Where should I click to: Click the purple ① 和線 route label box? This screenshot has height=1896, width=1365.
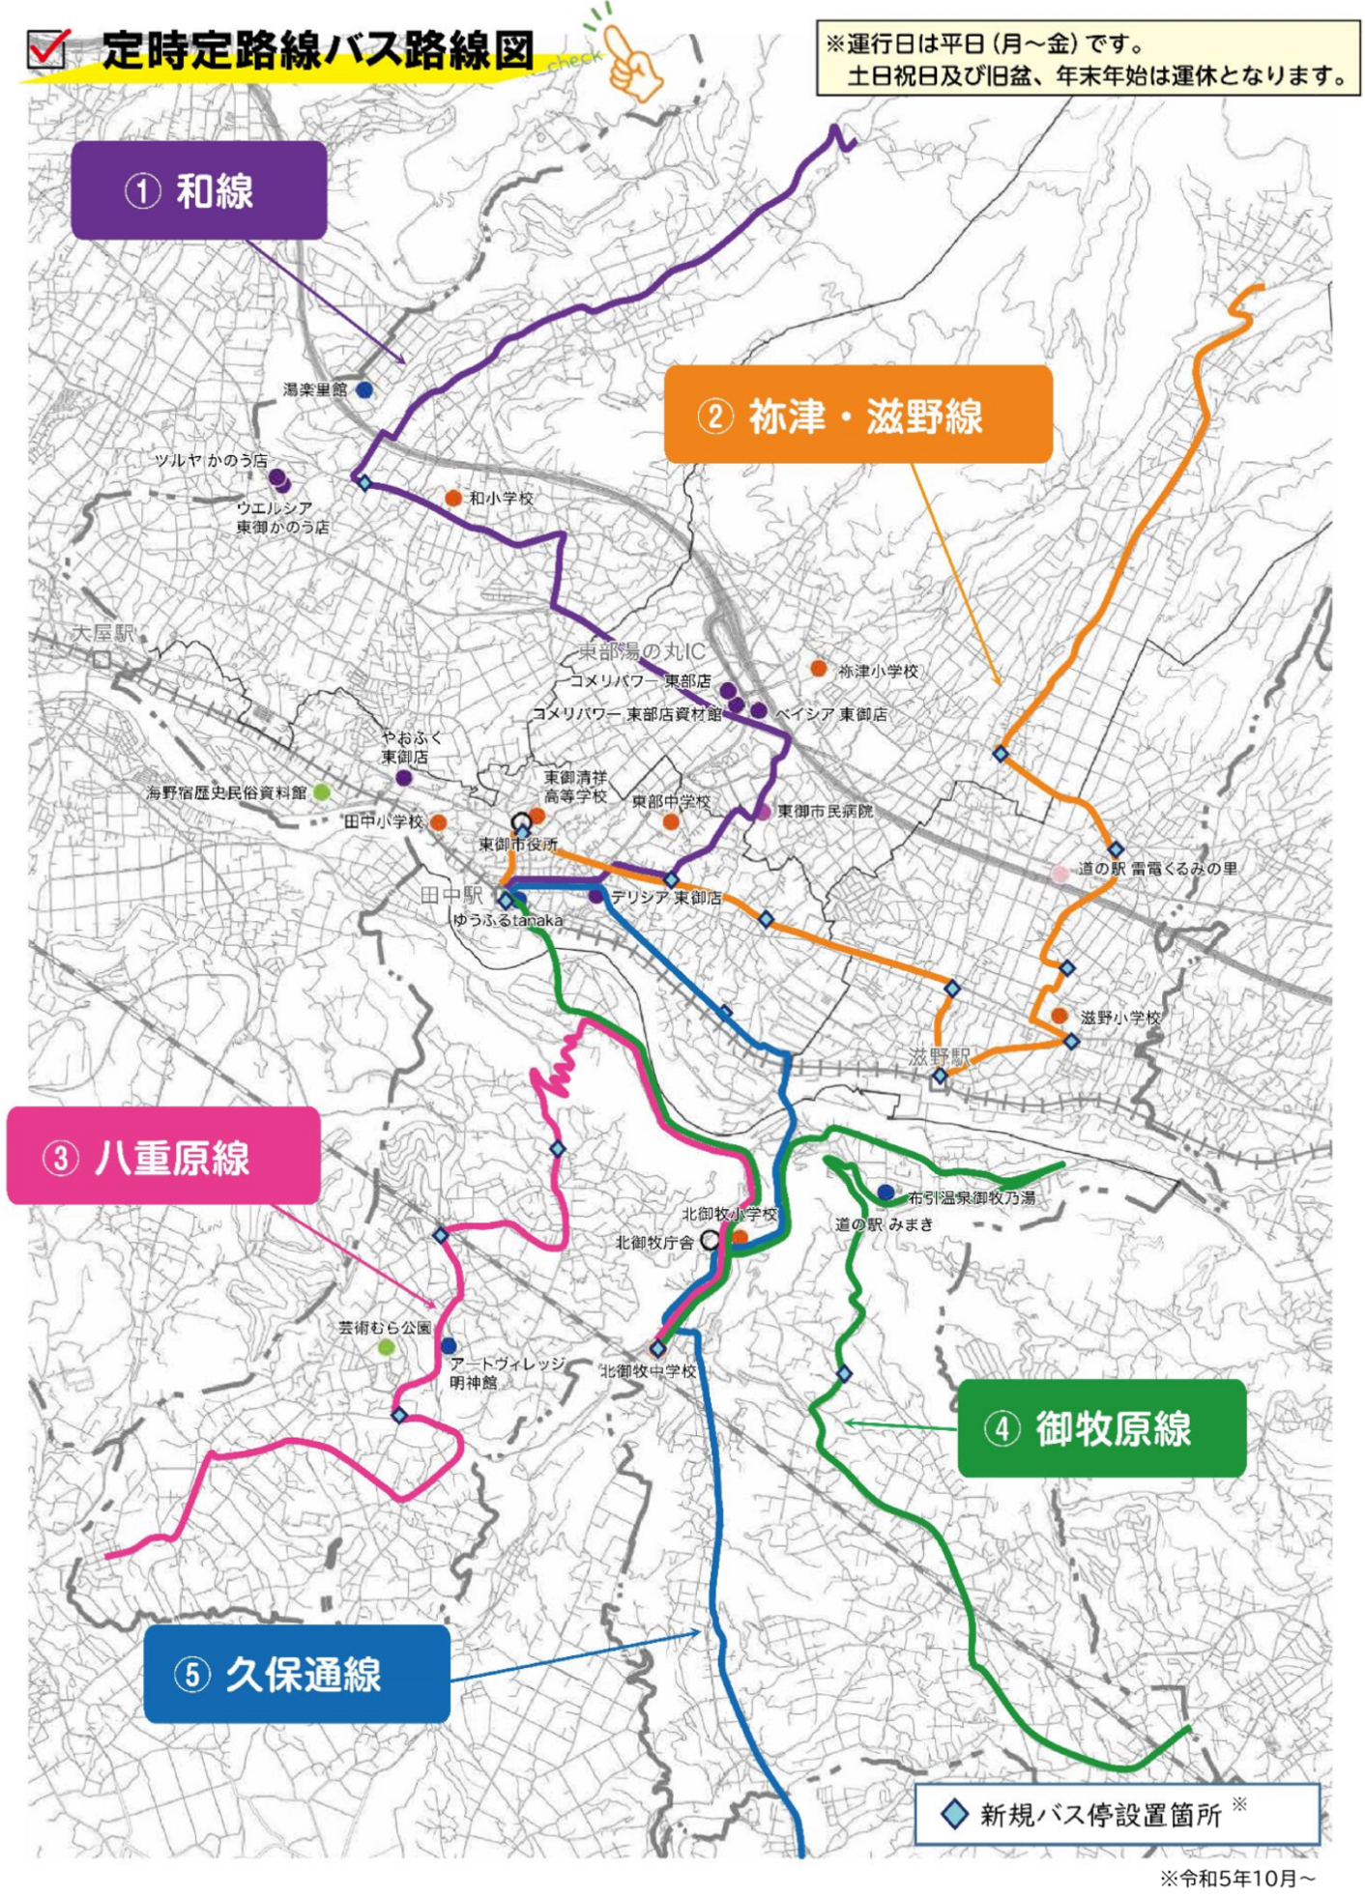point(198,190)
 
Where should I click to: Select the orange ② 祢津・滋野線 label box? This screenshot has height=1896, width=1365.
point(857,416)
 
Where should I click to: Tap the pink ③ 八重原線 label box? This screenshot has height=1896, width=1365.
point(163,1157)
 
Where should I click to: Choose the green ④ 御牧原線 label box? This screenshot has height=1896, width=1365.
point(1101,1428)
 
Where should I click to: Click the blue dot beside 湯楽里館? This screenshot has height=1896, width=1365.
point(364,390)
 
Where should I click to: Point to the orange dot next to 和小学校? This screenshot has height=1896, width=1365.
point(452,498)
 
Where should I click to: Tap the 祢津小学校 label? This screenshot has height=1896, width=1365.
point(878,671)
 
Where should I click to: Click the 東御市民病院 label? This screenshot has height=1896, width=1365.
point(825,811)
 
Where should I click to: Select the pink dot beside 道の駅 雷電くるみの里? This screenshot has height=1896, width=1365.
point(1060,874)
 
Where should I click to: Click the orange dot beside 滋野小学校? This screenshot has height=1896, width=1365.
point(1060,1016)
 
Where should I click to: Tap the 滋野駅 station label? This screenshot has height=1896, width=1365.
point(938,1056)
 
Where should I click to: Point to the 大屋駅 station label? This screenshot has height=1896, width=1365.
point(103,634)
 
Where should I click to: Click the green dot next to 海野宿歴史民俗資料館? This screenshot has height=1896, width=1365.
point(322,792)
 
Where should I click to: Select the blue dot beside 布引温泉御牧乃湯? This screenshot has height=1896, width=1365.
point(886,1192)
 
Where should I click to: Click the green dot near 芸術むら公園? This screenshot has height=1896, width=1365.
point(386,1347)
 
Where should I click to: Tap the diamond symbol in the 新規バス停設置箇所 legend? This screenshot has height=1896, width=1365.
point(954,1814)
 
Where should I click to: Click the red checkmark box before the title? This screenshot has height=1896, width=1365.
point(47,48)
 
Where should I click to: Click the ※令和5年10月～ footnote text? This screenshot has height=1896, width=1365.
point(1236,1878)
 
